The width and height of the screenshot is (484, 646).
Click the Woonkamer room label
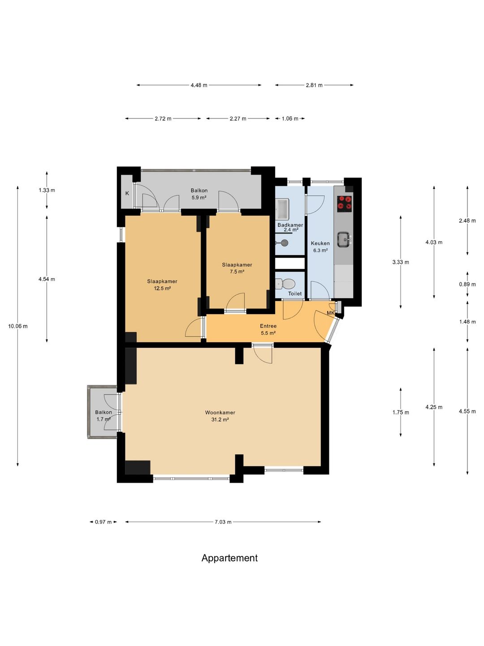click(x=220, y=412)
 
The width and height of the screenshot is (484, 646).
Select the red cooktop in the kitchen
click(x=345, y=203)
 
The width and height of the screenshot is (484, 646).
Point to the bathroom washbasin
click(x=282, y=209)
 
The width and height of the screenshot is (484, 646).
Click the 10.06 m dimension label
click(x=18, y=326)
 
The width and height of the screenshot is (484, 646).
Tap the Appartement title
click(x=229, y=558)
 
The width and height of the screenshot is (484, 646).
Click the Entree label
click(x=268, y=326)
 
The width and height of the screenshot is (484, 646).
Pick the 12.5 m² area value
click(x=163, y=288)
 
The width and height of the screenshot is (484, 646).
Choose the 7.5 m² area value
click(x=237, y=271)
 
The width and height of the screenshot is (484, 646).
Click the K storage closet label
click(x=127, y=193)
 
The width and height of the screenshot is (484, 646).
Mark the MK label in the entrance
click(x=331, y=313)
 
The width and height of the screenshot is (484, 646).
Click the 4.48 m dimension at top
click(x=199, y=85)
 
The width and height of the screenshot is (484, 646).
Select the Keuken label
click(x=320, y=243)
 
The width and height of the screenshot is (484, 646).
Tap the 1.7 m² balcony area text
click(x=104, y=419)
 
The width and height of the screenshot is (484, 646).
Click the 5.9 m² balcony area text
click(x=199, y=197)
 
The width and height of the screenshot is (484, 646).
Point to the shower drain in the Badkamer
click(x=284, y=243)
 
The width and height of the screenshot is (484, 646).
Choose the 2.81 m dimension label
click(x=314, y=85)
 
